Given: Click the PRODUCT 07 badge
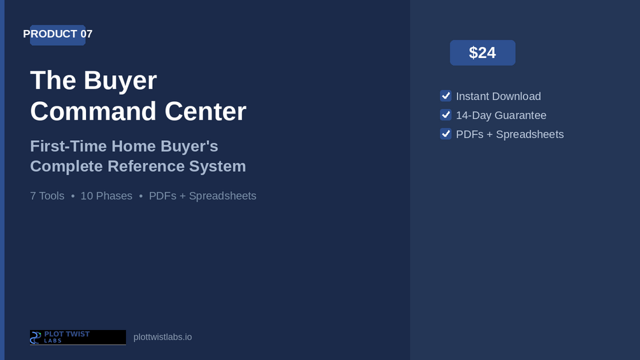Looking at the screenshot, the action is coord(57,34).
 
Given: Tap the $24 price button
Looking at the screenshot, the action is coord(483,53).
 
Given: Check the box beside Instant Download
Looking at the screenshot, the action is coord(446,96).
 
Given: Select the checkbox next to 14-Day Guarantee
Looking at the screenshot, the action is coord(446,115).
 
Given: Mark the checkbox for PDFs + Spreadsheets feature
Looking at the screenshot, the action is coord(446,134).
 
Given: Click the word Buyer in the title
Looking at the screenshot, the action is coord(120,81).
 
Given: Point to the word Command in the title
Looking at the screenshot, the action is coord(93,111).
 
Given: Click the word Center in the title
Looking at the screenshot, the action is coord(205,111).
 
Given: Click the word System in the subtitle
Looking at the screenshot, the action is coord(217,166).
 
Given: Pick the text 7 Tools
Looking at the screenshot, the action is coord(47,196).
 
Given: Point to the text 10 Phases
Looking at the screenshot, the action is coord(106,196).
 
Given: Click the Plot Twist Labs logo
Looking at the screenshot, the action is coord(78,338).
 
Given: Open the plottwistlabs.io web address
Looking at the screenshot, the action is coord(162,337).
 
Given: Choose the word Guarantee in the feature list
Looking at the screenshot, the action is coord(520,115).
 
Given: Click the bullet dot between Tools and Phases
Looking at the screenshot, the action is coord(73,196).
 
